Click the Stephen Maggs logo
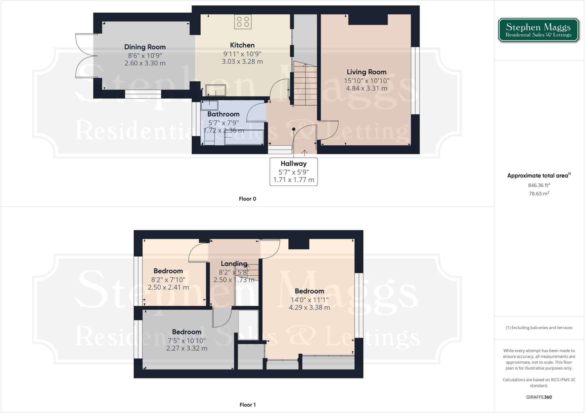538,30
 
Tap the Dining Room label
145,47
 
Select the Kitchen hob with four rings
243,22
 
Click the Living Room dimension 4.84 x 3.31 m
366,88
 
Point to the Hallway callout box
294,172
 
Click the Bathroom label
223,114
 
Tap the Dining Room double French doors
85,56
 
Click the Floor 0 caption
247,199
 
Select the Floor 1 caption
247,405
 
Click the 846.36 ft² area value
539,185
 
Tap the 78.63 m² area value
539,193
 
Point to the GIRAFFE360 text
539,397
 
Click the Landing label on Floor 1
234,264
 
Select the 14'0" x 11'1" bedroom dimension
309,300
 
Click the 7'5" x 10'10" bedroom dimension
187,340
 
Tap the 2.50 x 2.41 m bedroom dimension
168,287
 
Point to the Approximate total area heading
538,176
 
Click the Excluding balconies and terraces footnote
539,328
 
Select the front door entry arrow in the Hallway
304,153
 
